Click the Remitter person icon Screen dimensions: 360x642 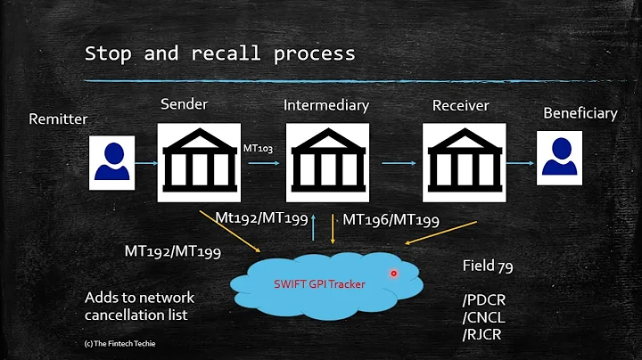click(112, 163)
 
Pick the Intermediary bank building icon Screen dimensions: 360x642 click(326, 162)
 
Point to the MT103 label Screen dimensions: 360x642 click(259, 147)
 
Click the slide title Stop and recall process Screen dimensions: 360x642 click(219, 53)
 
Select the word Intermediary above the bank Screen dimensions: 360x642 click(326, 105)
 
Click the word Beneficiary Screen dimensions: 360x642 click(580, 113)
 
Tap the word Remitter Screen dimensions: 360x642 click(59, 119)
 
